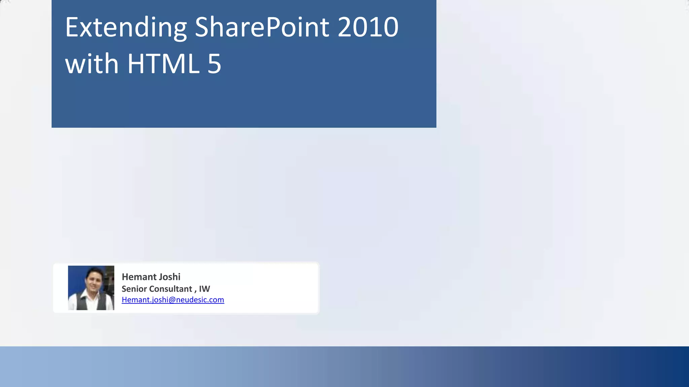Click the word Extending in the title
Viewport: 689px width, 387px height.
click(126, 28)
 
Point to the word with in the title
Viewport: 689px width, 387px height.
click(92, 64)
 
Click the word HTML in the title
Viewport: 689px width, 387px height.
click(163, 64)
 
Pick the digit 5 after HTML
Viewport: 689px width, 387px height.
click(214, 64)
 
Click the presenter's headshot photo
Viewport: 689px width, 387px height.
click(91, 288)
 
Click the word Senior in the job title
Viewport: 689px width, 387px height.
click(134, 289)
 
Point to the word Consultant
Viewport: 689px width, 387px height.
click(171, 289)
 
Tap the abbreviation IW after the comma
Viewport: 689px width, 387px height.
click(205, 289)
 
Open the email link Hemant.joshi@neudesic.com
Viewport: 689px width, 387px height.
click(173, 300)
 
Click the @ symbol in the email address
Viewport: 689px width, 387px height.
click(172, 300)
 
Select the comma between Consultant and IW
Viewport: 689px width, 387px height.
click(195, 290)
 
